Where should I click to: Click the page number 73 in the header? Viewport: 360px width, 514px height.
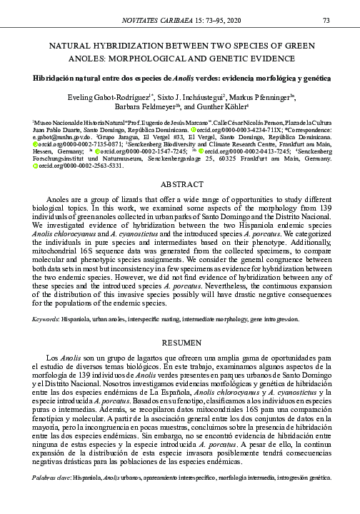(325, 20)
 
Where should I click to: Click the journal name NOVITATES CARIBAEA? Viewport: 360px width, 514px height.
(164, 20)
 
